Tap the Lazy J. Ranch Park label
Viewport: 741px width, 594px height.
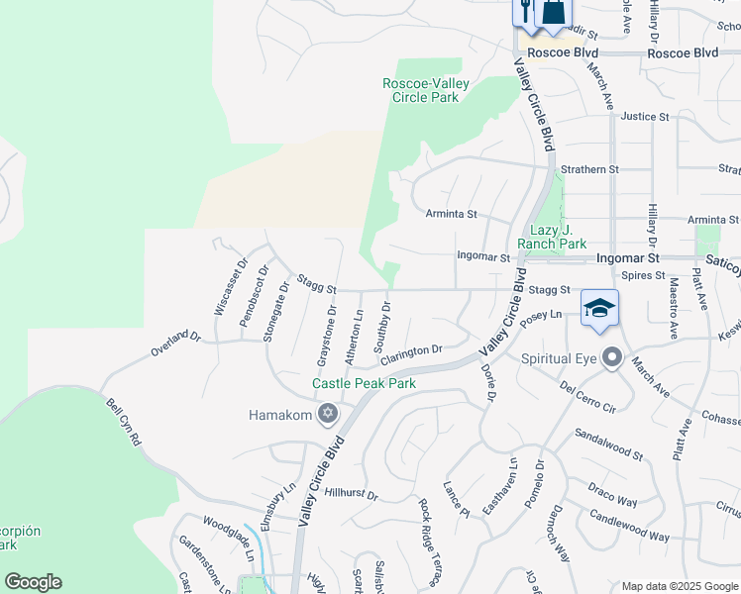(x=552, y=237)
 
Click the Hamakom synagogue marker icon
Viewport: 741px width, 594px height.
(x=327, y=415)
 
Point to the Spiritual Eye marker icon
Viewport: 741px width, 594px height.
(x=612, y=356)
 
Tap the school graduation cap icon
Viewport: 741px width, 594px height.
(x=599, y=308)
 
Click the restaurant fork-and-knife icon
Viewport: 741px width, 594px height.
(x=523, y=11)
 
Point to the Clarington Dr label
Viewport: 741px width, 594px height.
(x=410, y=352)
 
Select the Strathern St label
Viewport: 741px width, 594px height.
(x=589, y=170)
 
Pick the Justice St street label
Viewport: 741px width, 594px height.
(x=645, y=117)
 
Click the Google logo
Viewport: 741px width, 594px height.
(x=33, y=582)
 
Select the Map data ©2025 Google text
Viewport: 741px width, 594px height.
(x=680, y=586)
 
